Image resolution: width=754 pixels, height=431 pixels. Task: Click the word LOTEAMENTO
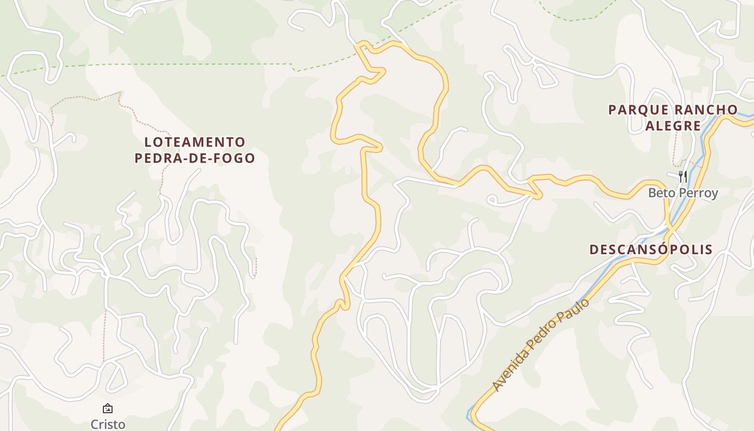pyautogui.click(x=195, y=142)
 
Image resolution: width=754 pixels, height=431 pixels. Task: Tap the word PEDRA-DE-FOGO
pyautogui.click(x=194, y=158)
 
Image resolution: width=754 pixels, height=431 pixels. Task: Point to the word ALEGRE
pyautogui.click(x=673, y=126)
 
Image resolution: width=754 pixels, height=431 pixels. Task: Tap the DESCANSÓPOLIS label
pyautogui.click(x=651, y=249)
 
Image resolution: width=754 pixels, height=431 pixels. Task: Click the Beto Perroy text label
pyautogui.click(x=683, y=193)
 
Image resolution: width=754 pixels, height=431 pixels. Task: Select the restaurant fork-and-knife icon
pyautogui.click(x=682, y=176)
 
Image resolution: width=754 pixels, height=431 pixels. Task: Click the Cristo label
pyautogui.click(x=108, y=424)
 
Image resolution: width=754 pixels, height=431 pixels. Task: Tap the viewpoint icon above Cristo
pyautogui.click(x=108, y=408)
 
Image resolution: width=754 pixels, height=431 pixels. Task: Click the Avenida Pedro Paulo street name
pyautogui.click(x=540, y=345)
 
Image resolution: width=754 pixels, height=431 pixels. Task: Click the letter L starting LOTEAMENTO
pyautogui.click(x=148, y=142)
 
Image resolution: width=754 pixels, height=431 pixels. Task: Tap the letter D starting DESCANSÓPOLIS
pyautogui.click(x=594, y=249)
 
